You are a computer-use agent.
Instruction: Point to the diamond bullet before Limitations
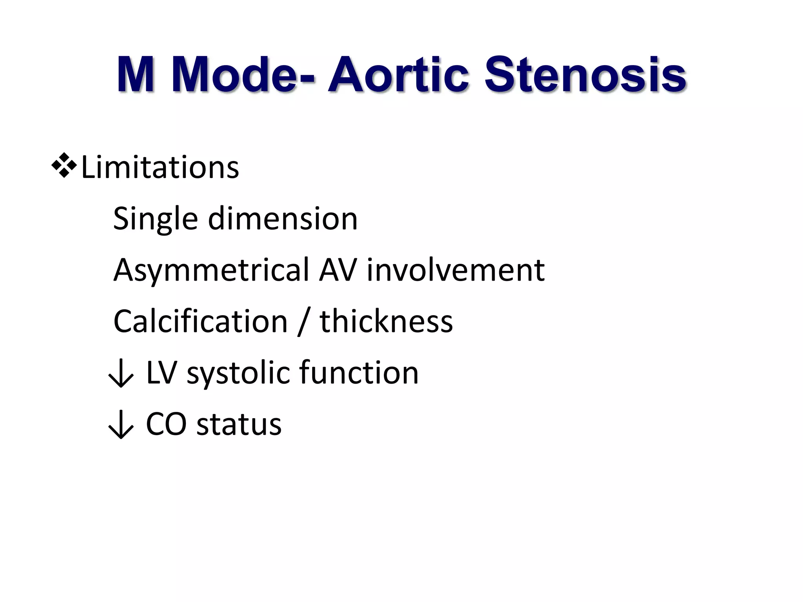pyautogui.click(x=64, y=166)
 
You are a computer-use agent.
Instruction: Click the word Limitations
pyautogui.click(x=160, y=167)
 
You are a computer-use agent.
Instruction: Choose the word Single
pyautogui.click(x=155, y=219)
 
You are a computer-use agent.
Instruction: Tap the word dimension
pyautogui.click(x=283, y=219)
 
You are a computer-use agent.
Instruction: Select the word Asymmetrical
pyautogui.click(x=211, y=270)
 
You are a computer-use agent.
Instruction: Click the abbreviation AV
pyautogui.click(x=338, y=270)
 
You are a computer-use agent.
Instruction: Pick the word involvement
pyautogui.click(x=456, y=270)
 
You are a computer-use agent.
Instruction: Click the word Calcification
pyautogui.click(x=200, y=321)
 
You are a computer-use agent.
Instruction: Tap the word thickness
pyautogui.click(x=386, y=321)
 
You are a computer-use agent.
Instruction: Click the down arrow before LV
pyautogui.click(x=121, y=374)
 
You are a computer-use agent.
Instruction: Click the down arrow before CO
pyautogui.click(x=121, y=425)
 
